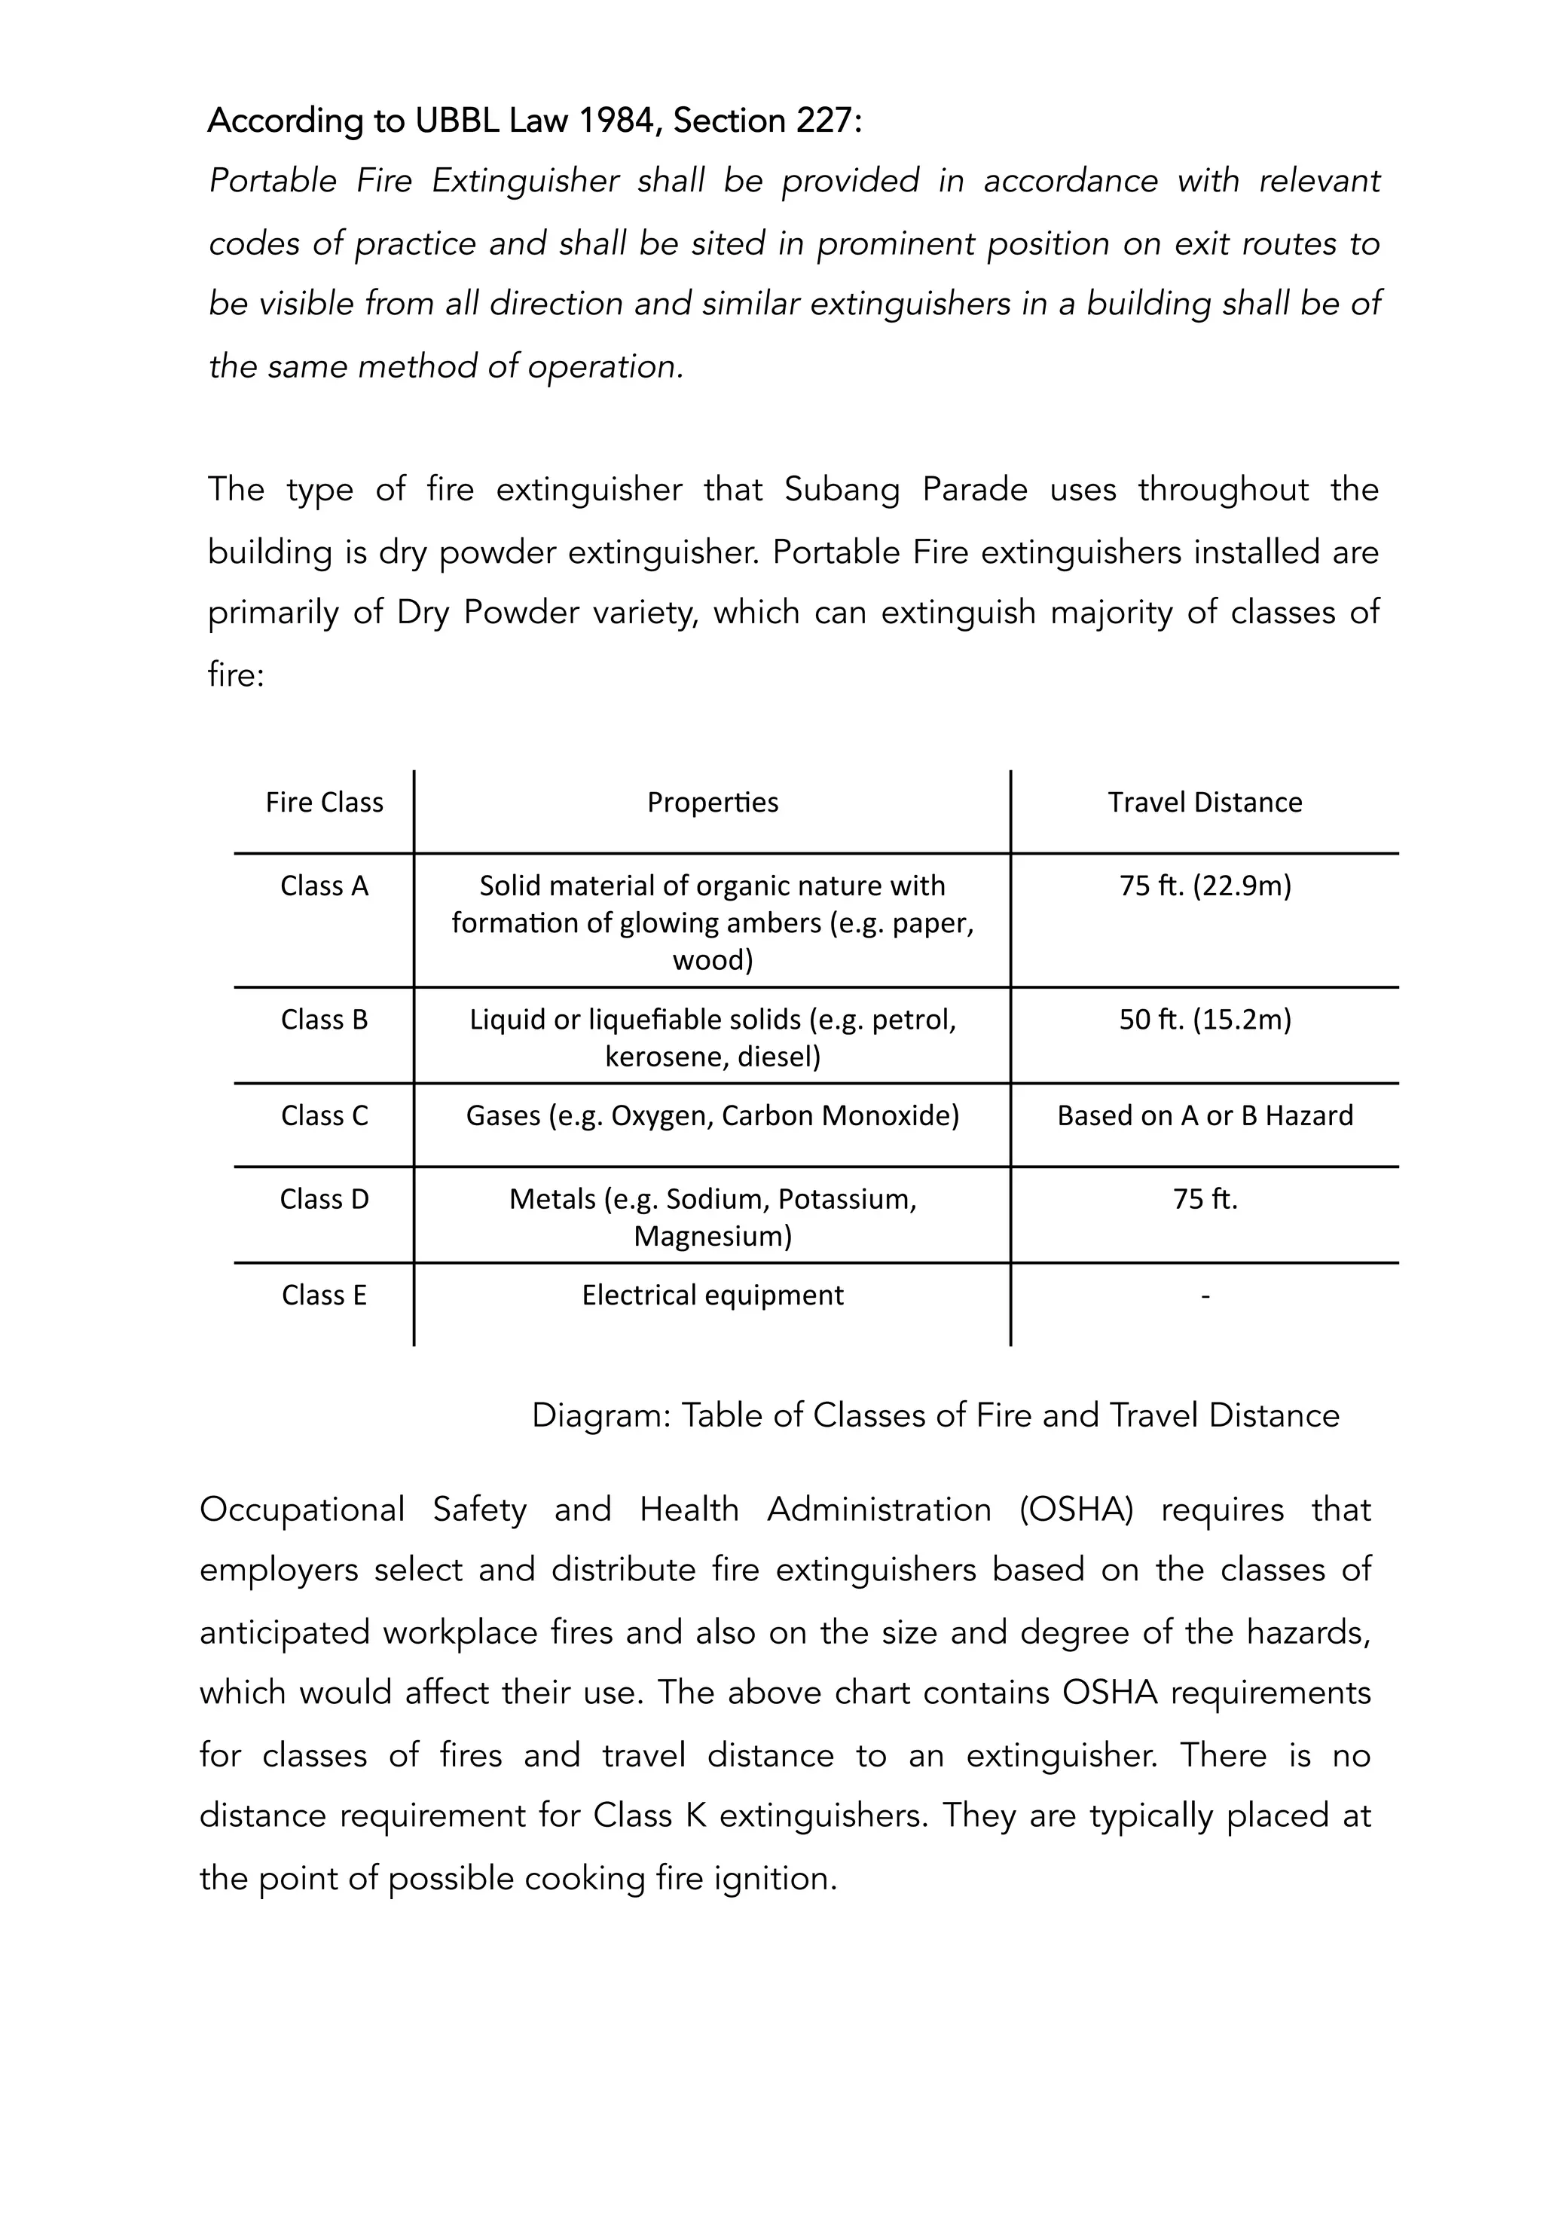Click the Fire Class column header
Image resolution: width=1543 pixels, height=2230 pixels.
click(x=324, y=803)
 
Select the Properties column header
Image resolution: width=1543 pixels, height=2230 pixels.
click(x=713, y=803)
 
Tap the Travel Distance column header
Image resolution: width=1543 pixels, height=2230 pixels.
click(x=1205, y=803)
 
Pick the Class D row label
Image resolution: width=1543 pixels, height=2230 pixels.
click(x=324, y=1199)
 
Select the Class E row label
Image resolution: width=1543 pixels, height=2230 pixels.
click(x=324, y=1295)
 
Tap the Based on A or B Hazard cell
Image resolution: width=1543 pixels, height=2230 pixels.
click(x=1205, y=1115)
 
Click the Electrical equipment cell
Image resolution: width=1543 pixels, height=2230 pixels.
click(x=713, y=1295)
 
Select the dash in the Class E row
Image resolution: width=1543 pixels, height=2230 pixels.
click(x=1205, y=1295)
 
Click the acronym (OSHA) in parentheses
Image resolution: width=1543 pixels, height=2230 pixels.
click(x=1075, y=1510)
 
